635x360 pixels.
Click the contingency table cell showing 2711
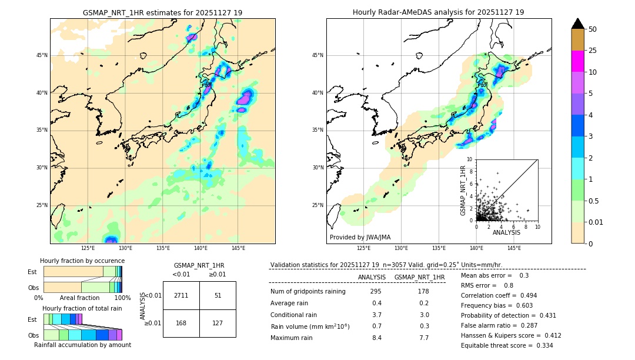point(181,295)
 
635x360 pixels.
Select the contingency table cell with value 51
point(218,295)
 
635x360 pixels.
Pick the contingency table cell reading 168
point(181,322)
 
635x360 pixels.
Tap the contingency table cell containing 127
point(218,322)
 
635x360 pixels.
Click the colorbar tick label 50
point(593,29)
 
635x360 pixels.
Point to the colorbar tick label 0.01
point(595,222)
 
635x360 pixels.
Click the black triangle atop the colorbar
point(578,24)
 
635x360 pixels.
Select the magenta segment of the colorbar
point(578,61)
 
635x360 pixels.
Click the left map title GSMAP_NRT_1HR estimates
point(162,12)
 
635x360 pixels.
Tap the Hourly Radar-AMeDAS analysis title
point(439,12)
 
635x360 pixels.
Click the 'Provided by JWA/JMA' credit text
point(360,237)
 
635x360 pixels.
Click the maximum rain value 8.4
point(376,338)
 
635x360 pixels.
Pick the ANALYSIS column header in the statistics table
point(372,277)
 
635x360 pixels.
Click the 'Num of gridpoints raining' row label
point(308,292)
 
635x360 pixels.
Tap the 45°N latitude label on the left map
point(42,55)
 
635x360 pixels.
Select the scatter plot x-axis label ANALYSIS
point(506,232)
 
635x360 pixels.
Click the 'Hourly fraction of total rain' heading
point(82,308)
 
